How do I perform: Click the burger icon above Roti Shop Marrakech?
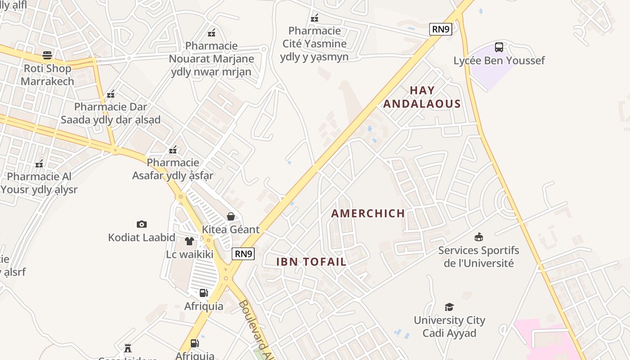pos(47,55)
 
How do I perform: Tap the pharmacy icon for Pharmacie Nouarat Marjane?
pos(211,32)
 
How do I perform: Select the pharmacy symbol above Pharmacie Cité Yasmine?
pos(315,18)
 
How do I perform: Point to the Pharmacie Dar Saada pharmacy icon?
pos(111,94)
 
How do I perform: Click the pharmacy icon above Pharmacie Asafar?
pos(173,150)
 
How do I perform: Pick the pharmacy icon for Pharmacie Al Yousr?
pos(39,164)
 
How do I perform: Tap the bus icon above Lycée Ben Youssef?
pos(499,47)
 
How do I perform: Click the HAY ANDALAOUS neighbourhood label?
pos(422,97)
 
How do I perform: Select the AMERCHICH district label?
pos(368,213)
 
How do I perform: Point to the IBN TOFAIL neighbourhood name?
pos(311,262)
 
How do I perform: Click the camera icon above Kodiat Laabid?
pos(142,224)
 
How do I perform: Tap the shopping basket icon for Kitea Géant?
pos(231,216)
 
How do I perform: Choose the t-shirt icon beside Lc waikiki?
pos(189,241)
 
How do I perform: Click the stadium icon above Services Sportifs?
pos(479,237)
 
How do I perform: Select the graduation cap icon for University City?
pos(449,307)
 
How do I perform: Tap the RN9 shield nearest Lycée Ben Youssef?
pos(441,29)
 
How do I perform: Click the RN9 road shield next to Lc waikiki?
pos(243,254)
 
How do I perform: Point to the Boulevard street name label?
pos(255,328)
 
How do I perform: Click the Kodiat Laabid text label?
pos(142,237)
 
